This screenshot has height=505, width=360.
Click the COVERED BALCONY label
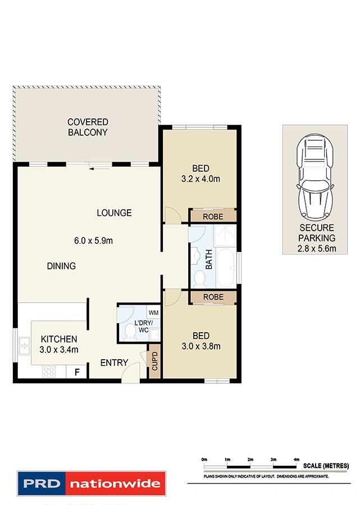(x=88, y=127)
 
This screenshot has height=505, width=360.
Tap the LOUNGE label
(x=114, y=213)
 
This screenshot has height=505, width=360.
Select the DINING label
(x=61, y=266)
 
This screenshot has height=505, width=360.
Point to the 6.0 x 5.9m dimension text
(x=94, y=241)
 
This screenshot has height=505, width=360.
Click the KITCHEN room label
(x=58, y=339)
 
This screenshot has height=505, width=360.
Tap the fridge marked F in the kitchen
(x=76, y=371)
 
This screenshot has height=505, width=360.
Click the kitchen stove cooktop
(x=48, y=371)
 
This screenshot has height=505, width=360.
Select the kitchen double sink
(x=24, y=346)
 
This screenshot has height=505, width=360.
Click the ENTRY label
(x=114, y=363)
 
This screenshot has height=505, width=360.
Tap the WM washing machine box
(x=153, y=312)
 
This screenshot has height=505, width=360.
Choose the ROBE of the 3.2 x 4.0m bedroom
(x=213, y=216)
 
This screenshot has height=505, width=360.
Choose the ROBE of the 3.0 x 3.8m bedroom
(x=213, y=297)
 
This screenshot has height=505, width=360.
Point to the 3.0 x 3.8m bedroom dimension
(x=201, y=346)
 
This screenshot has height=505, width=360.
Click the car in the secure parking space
(x=315, y=176)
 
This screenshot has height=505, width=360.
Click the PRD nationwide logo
(x=91, y=483)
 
